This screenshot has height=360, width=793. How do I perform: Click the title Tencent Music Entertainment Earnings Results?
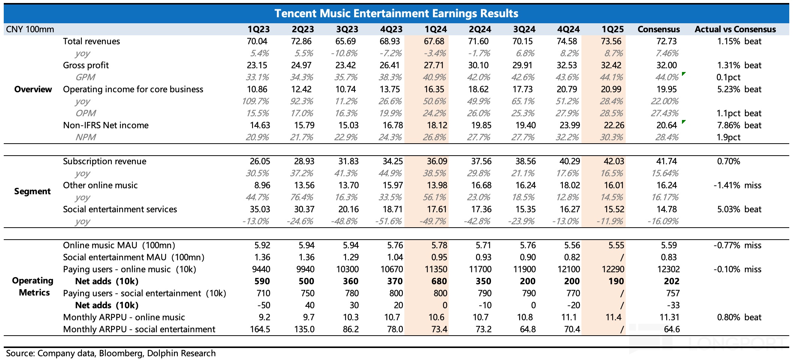coord(396,13)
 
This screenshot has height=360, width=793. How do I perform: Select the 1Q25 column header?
coord(613,29)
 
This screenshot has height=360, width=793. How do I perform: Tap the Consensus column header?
coord(658,29)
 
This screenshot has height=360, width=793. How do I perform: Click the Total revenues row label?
coord(91,41)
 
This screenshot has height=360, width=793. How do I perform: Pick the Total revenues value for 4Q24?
coord(568,41)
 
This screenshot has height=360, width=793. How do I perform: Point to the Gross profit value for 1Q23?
coord(257,65)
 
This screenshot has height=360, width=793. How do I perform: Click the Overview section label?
coord(33,89)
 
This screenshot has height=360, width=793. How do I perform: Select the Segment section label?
coord(32,191)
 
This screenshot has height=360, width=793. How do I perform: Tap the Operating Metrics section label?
coord(33,286)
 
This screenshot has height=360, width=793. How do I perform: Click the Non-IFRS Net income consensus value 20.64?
coord(667,125)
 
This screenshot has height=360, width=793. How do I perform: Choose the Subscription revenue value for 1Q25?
coord(614,161)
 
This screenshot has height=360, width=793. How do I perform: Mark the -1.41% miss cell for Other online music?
coord(737,185)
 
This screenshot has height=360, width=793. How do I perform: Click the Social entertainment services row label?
coord(120,209)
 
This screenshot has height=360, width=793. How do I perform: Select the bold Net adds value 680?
coord(439,281)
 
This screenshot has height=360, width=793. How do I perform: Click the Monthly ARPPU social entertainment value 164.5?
coord(260,329)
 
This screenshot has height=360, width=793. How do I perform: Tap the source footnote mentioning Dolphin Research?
coord(111,353)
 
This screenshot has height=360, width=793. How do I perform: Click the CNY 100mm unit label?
coord(30,29)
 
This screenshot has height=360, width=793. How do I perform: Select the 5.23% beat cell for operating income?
coord(739,89)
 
